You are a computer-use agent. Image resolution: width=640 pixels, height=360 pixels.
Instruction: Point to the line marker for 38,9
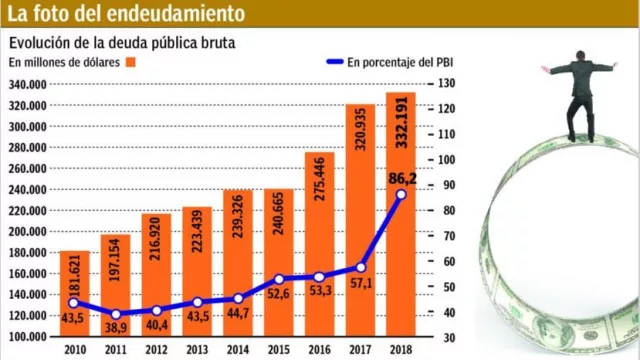pyautogui.click(x=114, y=314)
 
